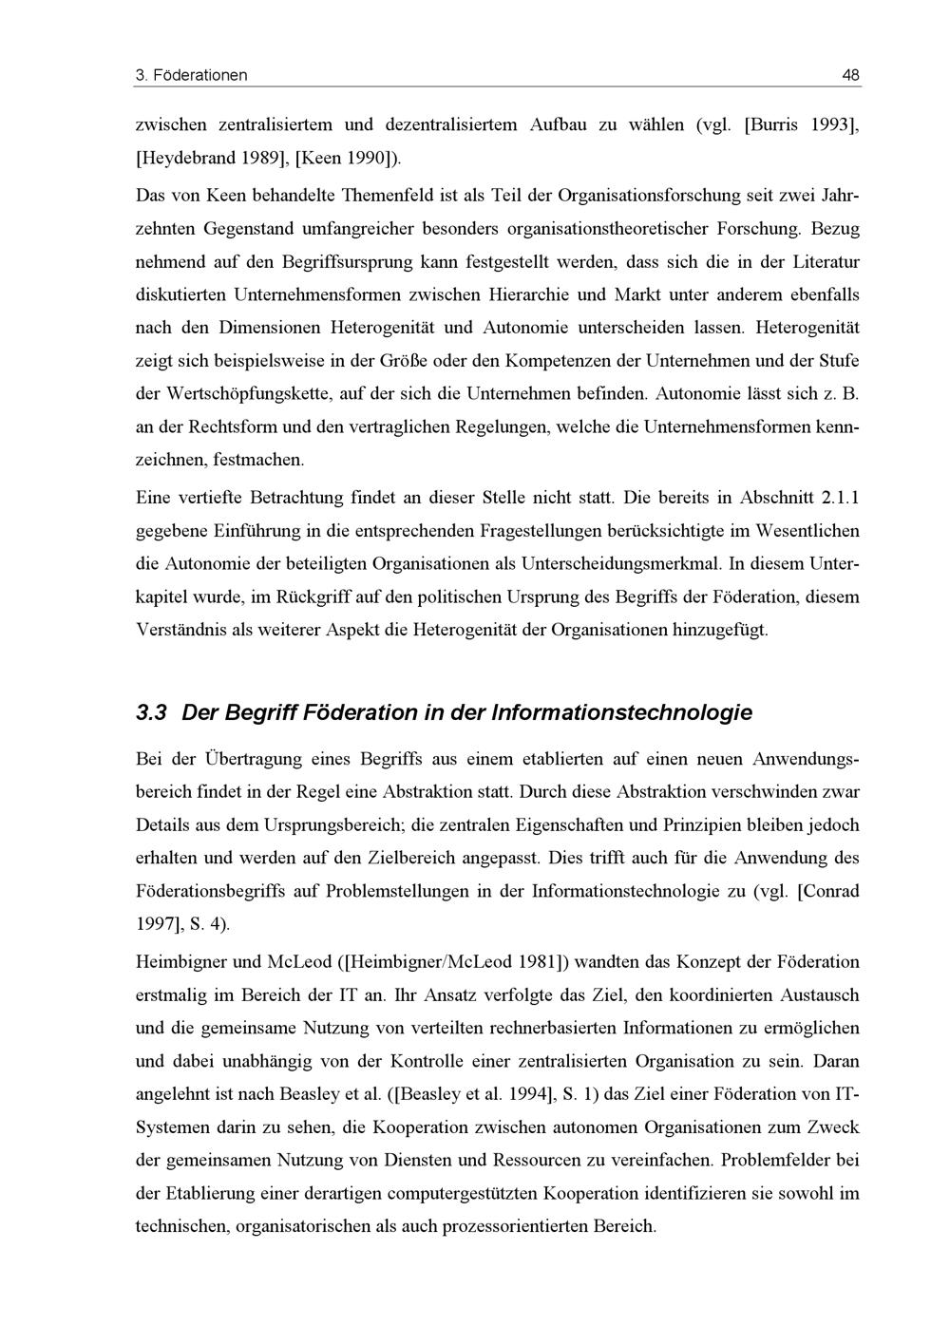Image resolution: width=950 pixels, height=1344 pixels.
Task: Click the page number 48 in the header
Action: point(850,75)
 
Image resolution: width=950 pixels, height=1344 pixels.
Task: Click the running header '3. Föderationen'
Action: point(192,75)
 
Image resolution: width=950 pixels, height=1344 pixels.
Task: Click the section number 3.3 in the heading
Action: point(152,712)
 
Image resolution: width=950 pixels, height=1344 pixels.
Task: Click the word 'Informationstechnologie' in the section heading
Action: point(621,712)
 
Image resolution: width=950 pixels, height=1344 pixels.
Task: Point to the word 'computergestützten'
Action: point(460,1193)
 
